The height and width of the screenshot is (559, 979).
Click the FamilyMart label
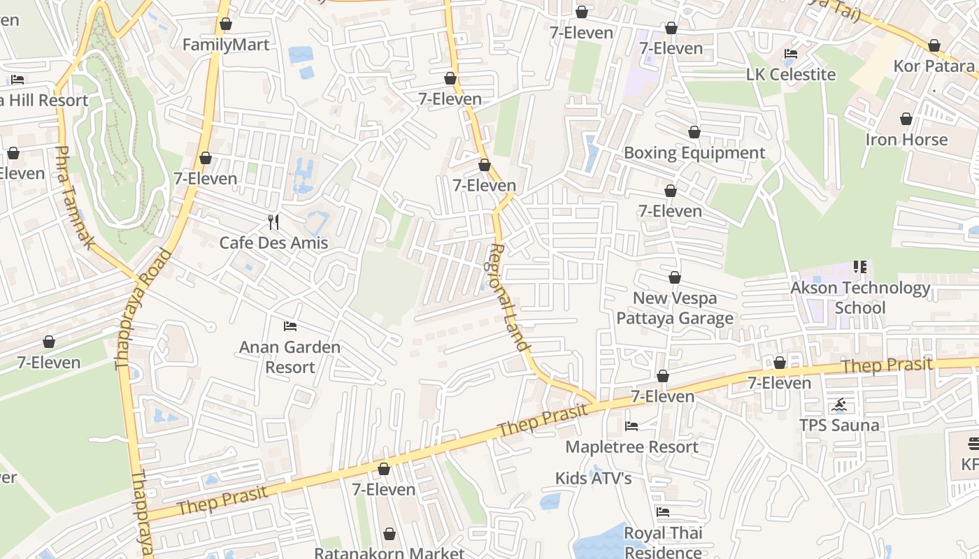tap(225, 45)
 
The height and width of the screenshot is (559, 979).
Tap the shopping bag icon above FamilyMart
tap(225, 24)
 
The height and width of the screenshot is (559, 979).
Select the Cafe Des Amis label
tap(273, 242)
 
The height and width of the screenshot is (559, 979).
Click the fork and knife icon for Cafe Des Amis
tap(273, 222)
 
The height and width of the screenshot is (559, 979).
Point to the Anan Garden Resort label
tap(290, 356)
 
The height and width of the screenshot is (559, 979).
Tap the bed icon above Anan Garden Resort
tap(290, 326)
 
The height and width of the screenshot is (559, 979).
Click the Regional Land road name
tap(507, 296)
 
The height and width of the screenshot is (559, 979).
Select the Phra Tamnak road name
tap(74, 197)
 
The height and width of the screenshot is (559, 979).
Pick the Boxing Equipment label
tap(694, 152)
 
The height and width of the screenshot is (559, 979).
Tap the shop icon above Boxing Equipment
tap(694, 132)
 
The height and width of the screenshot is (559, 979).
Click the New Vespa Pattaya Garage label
tap(674, 308)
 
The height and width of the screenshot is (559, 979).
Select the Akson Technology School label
tap(859, 298)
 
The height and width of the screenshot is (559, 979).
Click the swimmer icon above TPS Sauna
tap(839, 405)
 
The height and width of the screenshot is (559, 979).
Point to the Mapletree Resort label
tap(631, 447)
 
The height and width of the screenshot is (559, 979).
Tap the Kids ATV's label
tap(593, 478)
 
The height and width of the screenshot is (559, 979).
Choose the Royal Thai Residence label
tap(662, 542)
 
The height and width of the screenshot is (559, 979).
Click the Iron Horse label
tap(906, 139)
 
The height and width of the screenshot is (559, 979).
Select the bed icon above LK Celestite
tap(791, 54)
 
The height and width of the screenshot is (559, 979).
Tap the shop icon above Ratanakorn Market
tap(390, 534)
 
